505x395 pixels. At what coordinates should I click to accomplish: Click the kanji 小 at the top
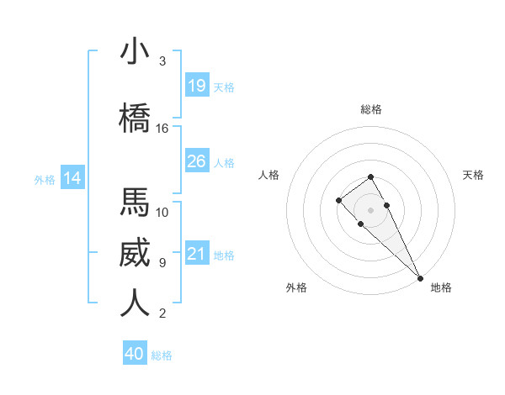pyautogui.click(x=136, y=51)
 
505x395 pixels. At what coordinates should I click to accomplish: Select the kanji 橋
pyautogui.click(x=136, y=118)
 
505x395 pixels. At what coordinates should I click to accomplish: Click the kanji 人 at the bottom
pyautogui.click(x=136, y=303)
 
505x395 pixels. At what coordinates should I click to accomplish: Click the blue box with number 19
pyautogui.click(x=197, y=85)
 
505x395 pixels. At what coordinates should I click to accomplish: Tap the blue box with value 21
pyautogui.click(x=197, y=254)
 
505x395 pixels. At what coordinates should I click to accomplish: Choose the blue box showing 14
pyautogui.click(x=72, y=178)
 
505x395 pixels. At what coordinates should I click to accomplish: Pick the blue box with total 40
pyautogui.click(x=135, y=354)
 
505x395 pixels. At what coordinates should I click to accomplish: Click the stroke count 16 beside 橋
pyautogui.click(x=162, y=129)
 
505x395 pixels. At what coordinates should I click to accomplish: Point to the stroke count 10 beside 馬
pyautogui.click(x=162, y=213)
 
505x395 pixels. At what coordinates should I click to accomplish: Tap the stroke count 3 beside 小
pyautogui.click(x=162, y=61)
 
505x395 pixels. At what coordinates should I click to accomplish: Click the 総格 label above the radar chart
pyautogui.click(x=371, y=109)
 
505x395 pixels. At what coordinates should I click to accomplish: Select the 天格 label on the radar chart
pyautogui.click(x=474, y=175)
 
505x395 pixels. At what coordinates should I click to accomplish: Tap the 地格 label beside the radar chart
pyautogui.click(x=441, y=287)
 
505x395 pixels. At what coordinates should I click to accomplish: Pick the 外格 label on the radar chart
pyautogui.click(x=296, y=287)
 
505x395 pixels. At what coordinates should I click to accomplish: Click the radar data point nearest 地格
pyautogui.click(x=420, y=277)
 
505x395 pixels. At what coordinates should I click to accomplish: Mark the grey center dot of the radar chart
pyautogui.click(x=371, y=209)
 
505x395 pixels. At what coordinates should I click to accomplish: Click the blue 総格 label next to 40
pyautogui.click(x=162, y=355)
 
